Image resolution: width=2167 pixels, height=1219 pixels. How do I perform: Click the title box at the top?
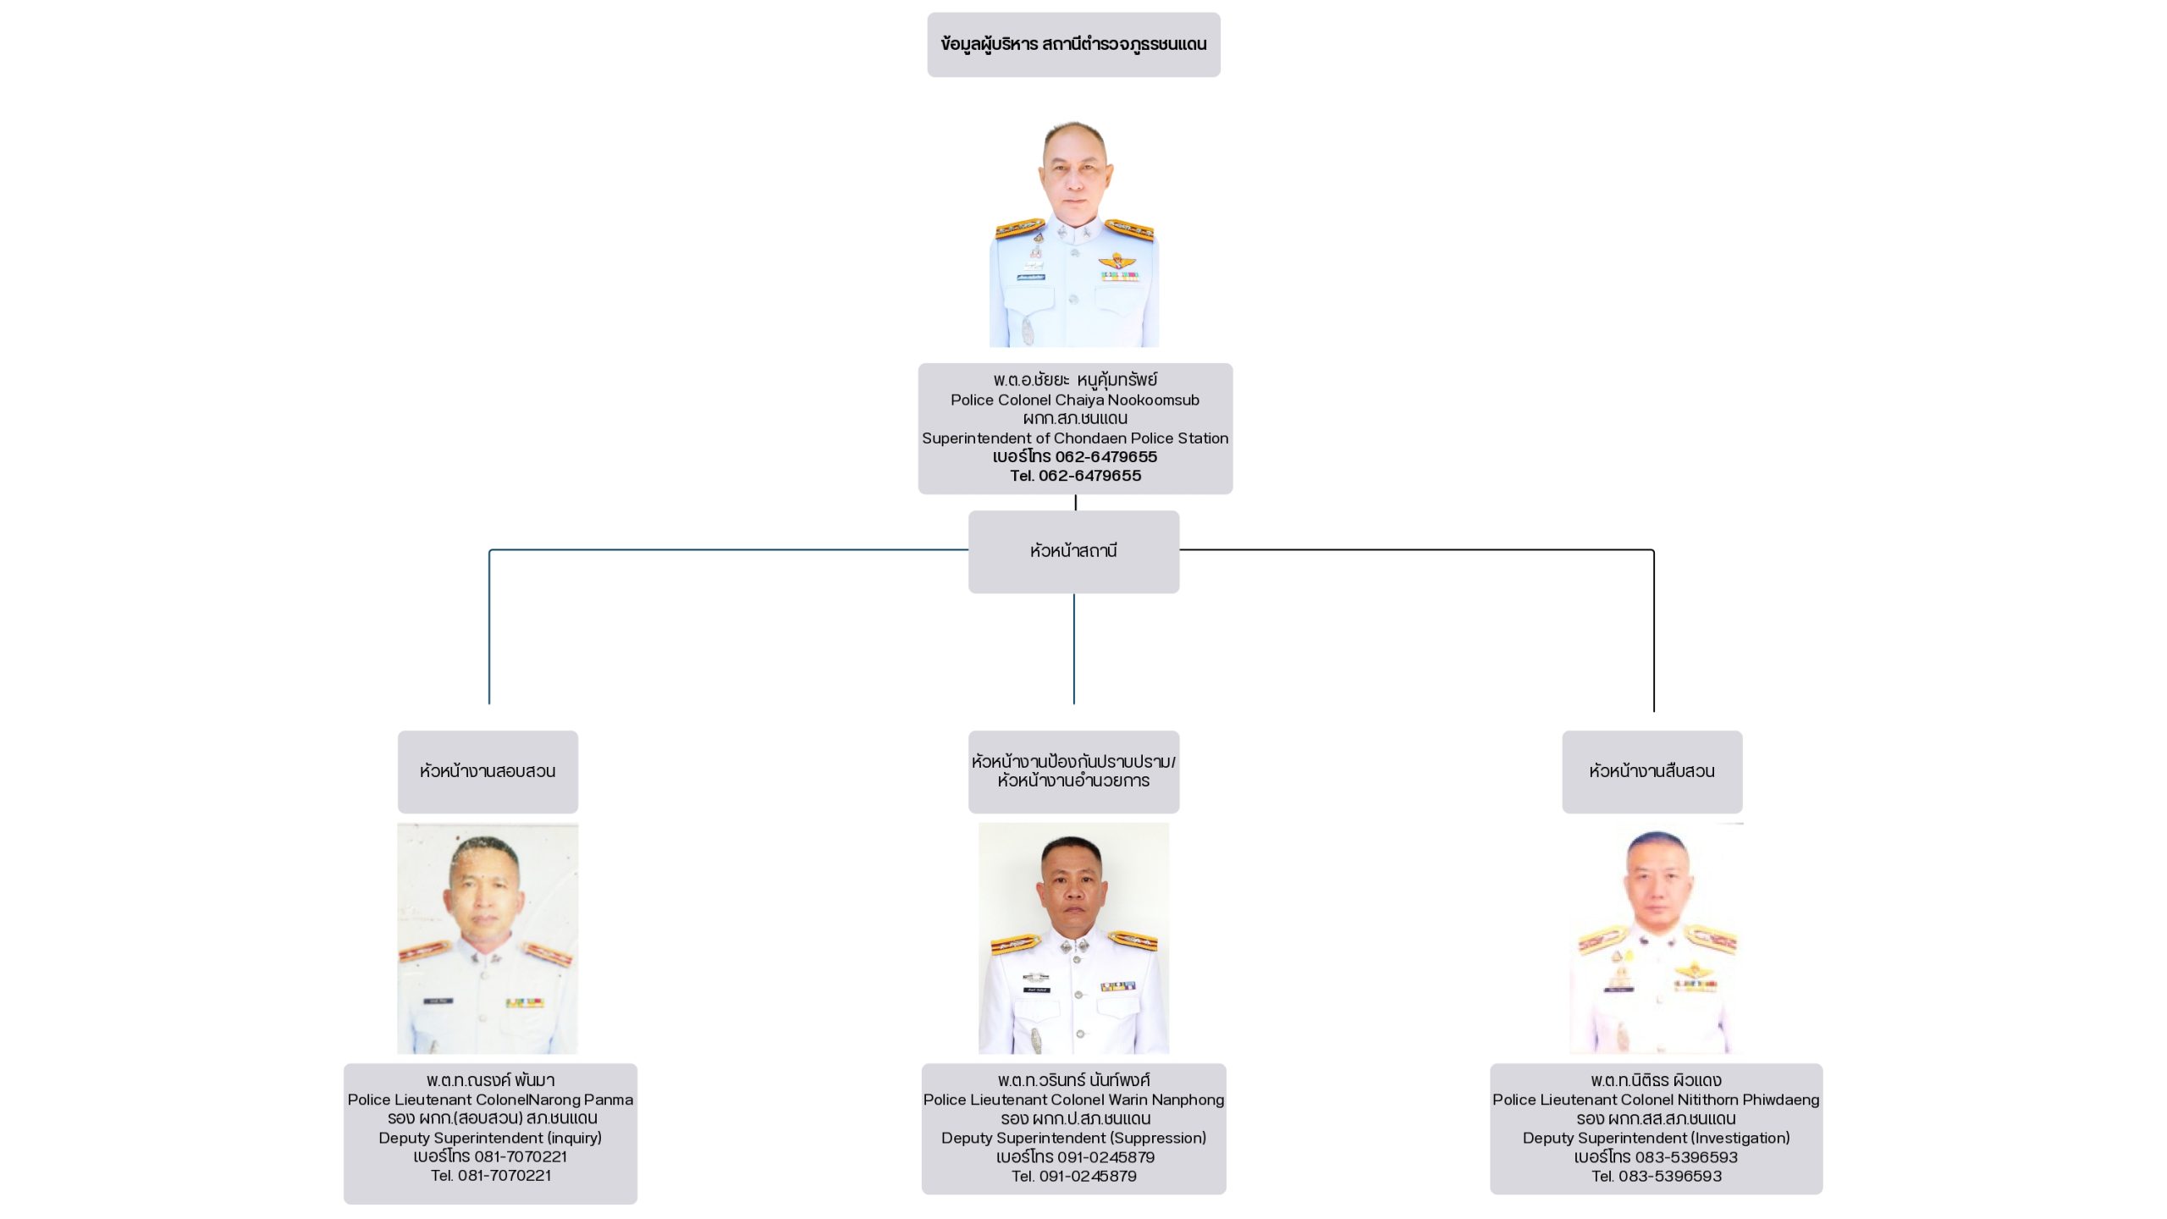(x=1073, y=45)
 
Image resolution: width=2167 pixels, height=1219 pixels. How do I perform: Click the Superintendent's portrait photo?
(x=1074, y=234)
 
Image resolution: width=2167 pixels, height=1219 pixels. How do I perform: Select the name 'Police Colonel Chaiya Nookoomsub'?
(x=1075, y=400)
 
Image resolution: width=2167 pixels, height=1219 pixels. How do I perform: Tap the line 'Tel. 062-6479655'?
(x=1075, y=476)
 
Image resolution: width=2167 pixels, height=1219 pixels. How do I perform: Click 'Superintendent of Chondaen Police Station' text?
(x=1075, y=438)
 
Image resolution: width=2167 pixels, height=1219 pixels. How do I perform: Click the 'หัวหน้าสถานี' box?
(x=1073, y=552)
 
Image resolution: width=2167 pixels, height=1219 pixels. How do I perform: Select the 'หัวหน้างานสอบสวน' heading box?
(x=488, y=772)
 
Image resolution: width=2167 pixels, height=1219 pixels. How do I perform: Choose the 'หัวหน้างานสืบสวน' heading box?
(x=1652, y=772)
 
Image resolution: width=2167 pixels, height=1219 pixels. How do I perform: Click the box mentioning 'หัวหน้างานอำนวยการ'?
(x=1073, y=772)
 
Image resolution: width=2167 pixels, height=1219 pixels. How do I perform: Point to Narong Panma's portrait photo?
(x=488, y=938)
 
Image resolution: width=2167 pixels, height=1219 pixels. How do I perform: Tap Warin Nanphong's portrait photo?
(x=1073, y=938)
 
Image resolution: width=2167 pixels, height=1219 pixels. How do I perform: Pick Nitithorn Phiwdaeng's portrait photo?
(x=1655, y=938)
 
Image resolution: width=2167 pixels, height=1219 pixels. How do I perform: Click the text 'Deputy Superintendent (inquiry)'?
(x=490, y=1138)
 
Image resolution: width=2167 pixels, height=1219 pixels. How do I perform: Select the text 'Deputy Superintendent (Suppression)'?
(x=1074, y=1138)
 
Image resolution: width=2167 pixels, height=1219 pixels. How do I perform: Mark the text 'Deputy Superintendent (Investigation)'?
(x=1657, y=1138)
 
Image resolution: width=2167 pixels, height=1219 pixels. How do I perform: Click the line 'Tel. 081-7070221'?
(x=491, y=1176)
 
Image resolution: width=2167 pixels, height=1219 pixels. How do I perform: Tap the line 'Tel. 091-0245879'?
(x=1074, y=1176)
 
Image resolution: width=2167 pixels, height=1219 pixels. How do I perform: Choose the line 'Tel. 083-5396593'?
(x=1657, y=1176)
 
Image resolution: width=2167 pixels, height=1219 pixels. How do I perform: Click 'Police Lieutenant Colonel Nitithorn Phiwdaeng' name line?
(x=1657, y=1100)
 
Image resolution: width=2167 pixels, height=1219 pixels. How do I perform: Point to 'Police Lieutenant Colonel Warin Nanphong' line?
(x=1074, y=1100)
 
